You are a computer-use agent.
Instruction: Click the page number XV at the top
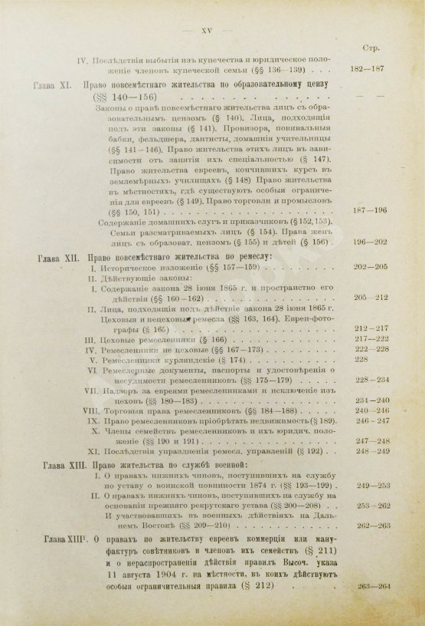click(x=204, y=31)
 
